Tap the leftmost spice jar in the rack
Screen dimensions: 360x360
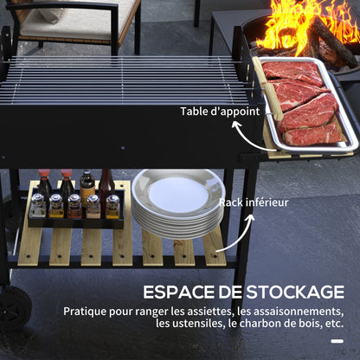pos(37,205)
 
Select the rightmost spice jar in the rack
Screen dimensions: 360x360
pos(112,205)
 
